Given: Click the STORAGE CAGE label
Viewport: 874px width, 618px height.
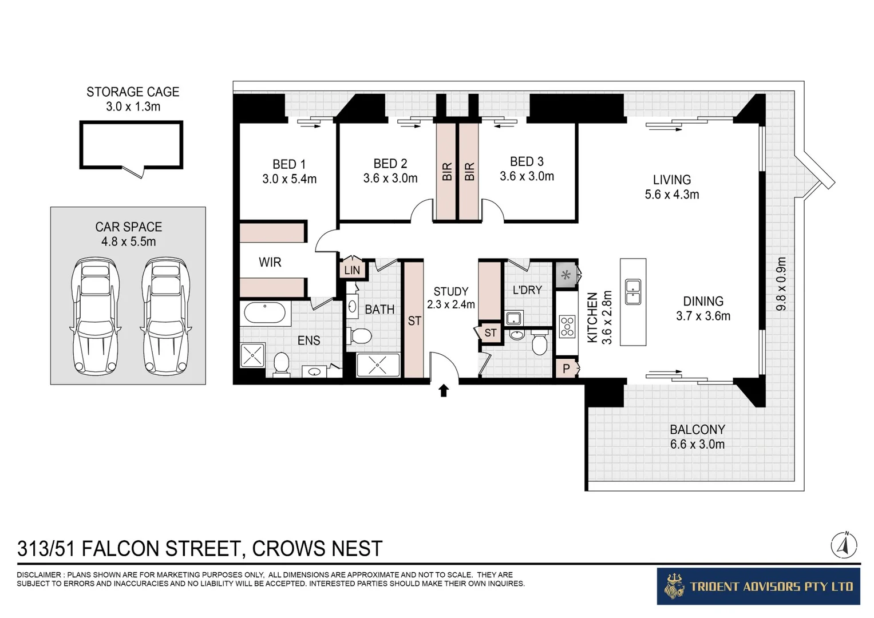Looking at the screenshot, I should [132, 92].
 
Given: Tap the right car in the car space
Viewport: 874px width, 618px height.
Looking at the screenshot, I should [165, 315].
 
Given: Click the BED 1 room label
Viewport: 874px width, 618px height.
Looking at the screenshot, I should [289, 164].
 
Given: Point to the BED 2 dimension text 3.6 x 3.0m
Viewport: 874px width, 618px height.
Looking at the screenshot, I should [390, 179].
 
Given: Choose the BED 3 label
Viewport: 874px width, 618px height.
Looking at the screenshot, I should [527, 162].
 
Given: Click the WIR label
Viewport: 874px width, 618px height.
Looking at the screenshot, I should [270, 263].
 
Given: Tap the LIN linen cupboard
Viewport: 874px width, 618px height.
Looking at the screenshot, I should [352, 270].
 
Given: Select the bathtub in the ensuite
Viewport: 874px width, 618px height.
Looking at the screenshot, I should [264, 313].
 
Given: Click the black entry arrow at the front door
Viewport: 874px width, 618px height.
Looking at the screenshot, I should [444, 391].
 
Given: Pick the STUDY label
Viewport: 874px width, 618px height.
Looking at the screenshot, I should [450, 291].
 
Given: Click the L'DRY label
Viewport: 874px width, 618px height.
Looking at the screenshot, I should [527, 290].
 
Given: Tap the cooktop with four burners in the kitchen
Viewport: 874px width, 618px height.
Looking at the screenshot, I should [567, 326].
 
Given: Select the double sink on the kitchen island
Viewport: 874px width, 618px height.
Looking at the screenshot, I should [632, 292].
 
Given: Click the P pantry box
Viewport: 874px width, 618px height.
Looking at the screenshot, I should [566, 369].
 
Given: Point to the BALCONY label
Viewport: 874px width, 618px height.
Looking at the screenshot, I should [697, 430].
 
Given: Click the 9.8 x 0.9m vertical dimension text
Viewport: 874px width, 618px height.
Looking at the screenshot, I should [781, 284].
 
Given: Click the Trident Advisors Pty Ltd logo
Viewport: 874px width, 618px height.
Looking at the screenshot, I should [758, 587].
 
